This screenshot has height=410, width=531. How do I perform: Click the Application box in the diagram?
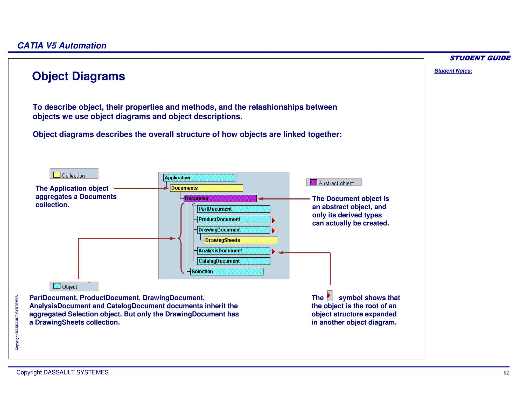pos(199,178)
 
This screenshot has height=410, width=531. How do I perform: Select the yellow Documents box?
pos(206,188)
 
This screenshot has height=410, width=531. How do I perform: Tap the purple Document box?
pos(220,199)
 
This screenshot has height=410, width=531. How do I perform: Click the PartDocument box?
pos(233,209)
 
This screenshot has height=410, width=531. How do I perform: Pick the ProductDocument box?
pos(233,220)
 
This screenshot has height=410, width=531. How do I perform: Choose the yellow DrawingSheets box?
pos(240,240)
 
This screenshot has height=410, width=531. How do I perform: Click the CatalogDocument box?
pos(233,261)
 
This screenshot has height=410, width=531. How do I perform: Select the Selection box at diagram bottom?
pos(227,272)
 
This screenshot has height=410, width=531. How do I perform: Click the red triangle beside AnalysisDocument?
pos(273,251)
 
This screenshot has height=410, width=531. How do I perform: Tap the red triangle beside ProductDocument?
pos(273,220)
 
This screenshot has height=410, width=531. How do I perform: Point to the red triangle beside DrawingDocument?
pos(273,230)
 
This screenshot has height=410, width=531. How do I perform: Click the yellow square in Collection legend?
pos(57,175)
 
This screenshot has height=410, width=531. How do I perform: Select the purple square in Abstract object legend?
pos(313,182)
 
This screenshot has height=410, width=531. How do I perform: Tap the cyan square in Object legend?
pos(57,286)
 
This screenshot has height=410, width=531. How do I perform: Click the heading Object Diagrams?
pos(78,76)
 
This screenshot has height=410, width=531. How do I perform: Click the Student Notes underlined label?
pos(453,71)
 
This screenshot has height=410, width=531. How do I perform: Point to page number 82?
pos(506,373)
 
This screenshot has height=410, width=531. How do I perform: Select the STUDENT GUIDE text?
pos(480,58)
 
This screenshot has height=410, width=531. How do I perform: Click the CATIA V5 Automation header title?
pos(62,46)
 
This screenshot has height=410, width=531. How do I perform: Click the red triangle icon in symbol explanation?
pos(329,295)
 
